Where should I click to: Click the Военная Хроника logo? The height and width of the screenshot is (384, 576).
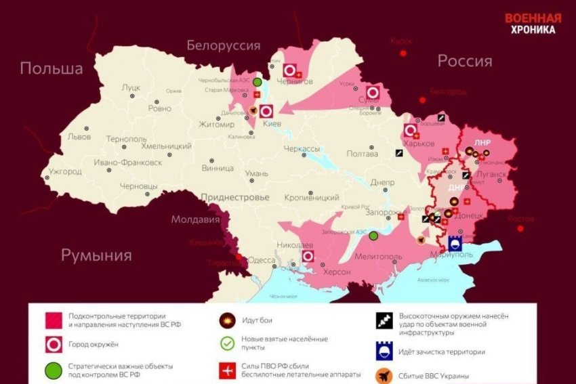coord(533,24)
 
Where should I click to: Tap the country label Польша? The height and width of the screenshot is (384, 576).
coord(52,68)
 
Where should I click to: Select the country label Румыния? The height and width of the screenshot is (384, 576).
coord(96,255)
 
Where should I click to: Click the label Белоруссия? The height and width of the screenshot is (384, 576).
coord(223,46)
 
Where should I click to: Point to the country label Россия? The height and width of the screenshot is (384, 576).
coord(464,61)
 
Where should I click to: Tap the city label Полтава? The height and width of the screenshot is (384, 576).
coord(362,154)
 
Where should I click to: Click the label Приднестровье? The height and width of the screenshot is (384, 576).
coord(234,197)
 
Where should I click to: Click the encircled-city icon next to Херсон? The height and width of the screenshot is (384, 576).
coord(308,256)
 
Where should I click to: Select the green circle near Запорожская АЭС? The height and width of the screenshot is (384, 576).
coord(373,236)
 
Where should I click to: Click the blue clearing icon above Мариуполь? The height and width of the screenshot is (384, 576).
coord(455,242)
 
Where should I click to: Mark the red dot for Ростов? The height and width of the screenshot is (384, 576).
coord(520,228)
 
